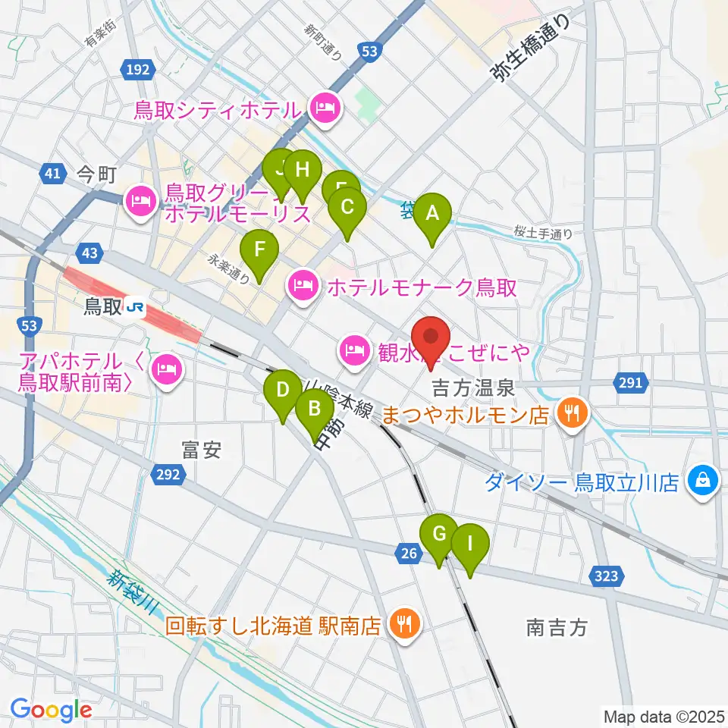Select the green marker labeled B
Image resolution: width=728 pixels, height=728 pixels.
(313, 411)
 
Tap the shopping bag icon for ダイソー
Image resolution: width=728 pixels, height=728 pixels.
(703, 480)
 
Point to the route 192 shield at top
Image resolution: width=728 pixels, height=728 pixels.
(138, 70)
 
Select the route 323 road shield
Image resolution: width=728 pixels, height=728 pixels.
(607, 578)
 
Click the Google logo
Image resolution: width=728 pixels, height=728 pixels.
(52, 710)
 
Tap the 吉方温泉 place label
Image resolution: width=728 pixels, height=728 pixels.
(474, 389)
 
